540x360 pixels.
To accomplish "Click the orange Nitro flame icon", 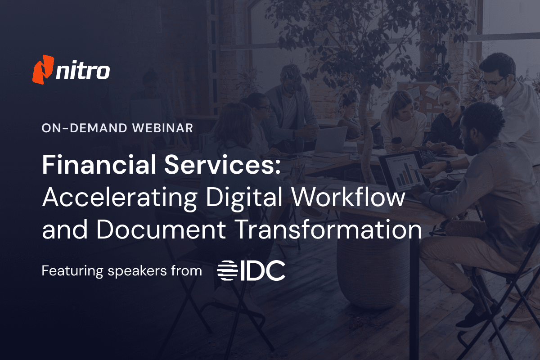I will click(x=43, y=69).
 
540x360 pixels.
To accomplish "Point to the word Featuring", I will click(x=71, y=271).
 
